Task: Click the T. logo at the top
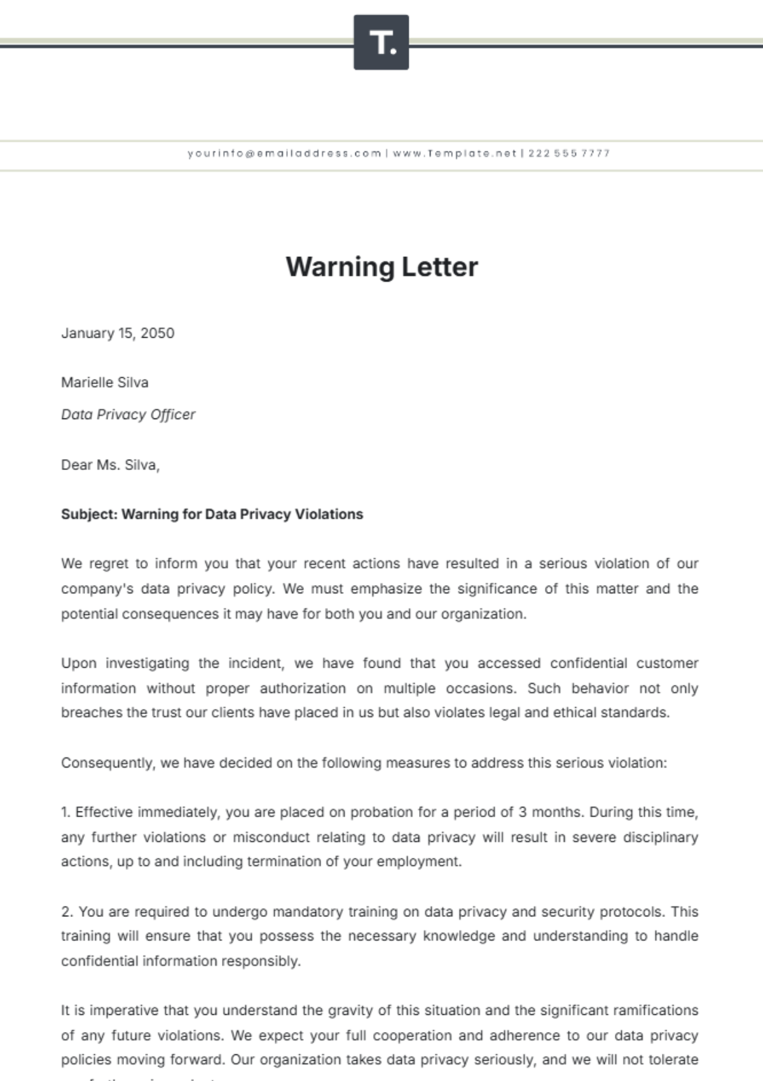[x=381, y=43]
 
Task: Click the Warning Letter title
[x=381, y=266]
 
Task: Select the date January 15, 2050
[x=118, y=333]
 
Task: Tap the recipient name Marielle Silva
[x=105, y=382]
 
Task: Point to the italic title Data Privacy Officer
[x=128, y=415]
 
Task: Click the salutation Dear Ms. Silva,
[x=110, y=465]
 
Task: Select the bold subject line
[x=212, y=514]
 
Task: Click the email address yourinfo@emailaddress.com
[x=284, y=153]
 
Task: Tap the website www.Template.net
[x=455, y=153]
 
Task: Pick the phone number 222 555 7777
[x=569, y=153]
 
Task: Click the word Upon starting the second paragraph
[x=79, y=663]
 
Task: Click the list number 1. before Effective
[x=65, y=812]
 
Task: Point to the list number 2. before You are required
[x=67, y=912]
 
